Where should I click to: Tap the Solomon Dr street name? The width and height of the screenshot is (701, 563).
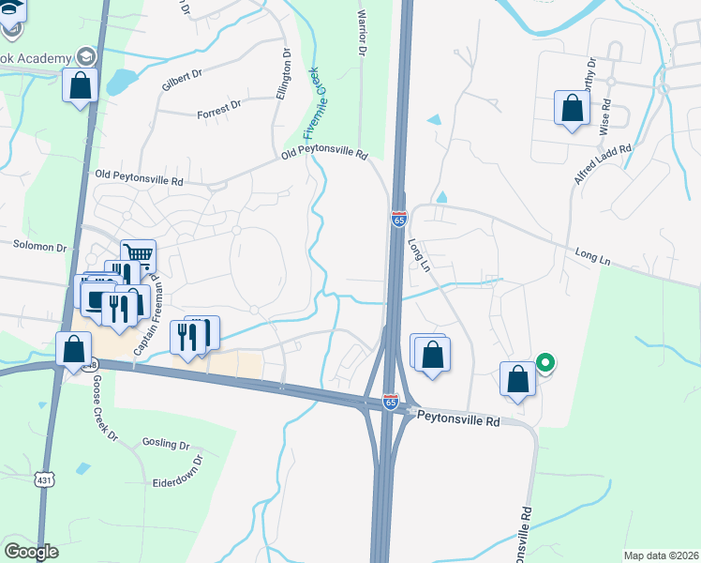[39, 249]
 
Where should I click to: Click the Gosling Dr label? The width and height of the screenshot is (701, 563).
[166, 442]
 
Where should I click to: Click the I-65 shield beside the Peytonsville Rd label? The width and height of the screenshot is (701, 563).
[391, 402]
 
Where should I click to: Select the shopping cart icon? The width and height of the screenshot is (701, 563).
[138, 254]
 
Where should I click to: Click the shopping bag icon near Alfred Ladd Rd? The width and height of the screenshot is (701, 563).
[572, 109]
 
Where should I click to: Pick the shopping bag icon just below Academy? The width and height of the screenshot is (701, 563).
[82, 85]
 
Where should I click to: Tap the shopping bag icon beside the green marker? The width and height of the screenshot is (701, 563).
[517, 379]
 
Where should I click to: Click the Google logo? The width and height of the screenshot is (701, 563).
[31, 552]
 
